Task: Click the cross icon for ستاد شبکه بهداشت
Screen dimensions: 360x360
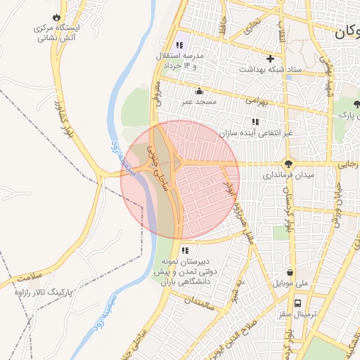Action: (x=269, y=58)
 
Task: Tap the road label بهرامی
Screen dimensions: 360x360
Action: (x=257, y=101)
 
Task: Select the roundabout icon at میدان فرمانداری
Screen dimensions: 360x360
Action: (x=288, y=162)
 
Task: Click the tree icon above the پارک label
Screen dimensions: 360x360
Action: (x=358, y=103)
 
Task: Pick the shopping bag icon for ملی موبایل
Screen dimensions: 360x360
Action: (x=290, y=273)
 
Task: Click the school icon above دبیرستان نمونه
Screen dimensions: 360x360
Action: (x=185, y=250)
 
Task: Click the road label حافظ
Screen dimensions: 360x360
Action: (x=222, y=32)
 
